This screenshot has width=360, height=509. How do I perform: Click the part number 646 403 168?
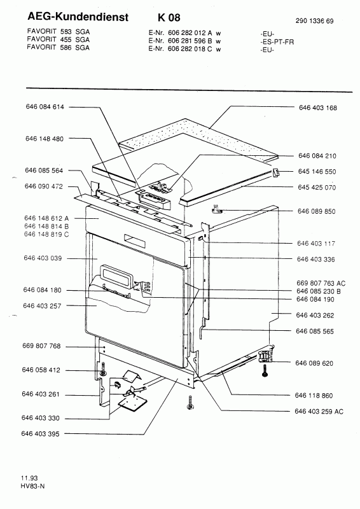click(318, 108)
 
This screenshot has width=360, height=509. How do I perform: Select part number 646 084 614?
click(45, 107)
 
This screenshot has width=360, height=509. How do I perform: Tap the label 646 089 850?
click(317, 211)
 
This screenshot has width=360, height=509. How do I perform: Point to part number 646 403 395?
click(41, 434)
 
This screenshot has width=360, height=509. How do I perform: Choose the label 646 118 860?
click(314, 395)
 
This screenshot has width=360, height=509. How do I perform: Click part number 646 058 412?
click(41, 370)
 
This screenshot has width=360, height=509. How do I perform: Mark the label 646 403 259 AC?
click(319, 411)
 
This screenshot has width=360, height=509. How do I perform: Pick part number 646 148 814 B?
click(46, 227)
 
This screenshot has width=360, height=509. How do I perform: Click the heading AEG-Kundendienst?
click(78, 17)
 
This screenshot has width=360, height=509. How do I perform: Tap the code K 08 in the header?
click(169, 17)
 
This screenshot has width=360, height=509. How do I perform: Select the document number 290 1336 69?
click(315, 21)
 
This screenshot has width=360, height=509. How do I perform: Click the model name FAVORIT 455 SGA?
click(59, 39)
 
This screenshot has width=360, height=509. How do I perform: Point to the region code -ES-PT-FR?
click(277, 42)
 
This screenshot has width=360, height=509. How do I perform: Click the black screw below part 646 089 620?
click(265, 371)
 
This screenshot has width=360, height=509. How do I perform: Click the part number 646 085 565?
click(315, 331)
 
